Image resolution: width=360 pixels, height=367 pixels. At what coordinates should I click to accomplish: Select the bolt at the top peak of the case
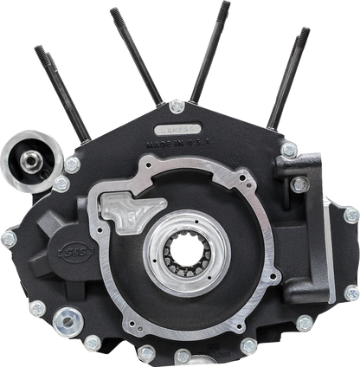tap(177, 105)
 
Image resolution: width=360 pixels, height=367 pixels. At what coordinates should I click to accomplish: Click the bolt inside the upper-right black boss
tap(299, 184)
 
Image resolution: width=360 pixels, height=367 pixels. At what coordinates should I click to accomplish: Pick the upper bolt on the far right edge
tap(351, 215)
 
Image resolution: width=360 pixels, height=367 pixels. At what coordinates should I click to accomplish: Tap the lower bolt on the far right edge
tap(351, 293)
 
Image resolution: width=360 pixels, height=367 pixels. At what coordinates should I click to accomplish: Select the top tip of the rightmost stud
tap(306, 29)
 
